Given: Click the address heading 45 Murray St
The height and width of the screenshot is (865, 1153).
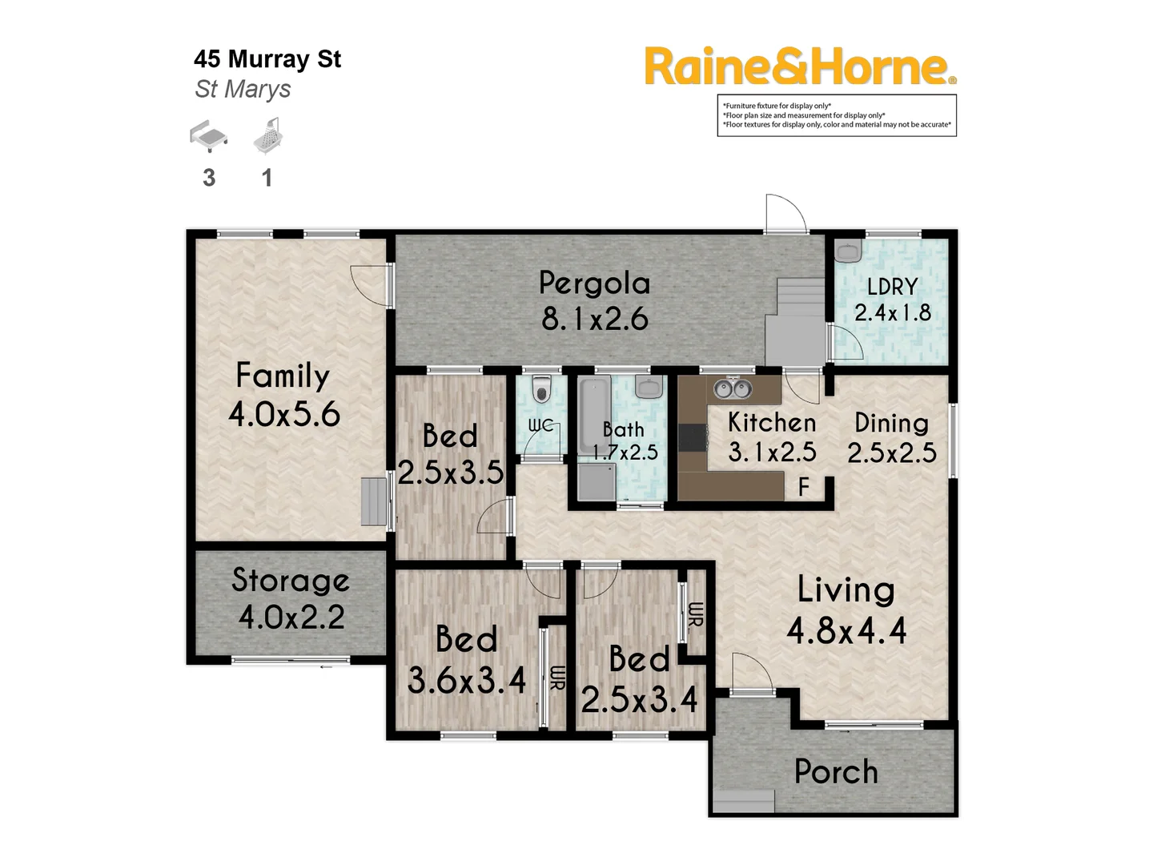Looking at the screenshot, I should (x=267, y=59).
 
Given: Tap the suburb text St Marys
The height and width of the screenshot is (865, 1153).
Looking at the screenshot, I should (x=243, y=89).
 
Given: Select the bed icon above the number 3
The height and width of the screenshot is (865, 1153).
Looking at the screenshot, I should (x=208, y=136).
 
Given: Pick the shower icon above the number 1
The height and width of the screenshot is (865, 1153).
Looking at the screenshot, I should (x=269, y=135).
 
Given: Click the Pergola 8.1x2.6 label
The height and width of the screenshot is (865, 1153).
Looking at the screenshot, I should (x=594, y=301).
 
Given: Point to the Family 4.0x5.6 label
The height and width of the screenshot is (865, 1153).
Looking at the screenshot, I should (x=283, y=395).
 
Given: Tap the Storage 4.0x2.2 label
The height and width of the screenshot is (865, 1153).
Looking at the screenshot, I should (x=291, y=598).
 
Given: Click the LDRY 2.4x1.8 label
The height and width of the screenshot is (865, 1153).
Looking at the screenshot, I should (x=892, y=300).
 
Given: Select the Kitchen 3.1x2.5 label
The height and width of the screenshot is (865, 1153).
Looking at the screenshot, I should (x=772, y=437).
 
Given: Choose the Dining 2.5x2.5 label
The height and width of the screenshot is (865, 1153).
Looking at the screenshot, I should (x=891, y=438).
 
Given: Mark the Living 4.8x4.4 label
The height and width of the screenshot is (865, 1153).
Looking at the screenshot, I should (x=846, y=610).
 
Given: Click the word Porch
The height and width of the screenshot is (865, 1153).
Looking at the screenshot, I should (x=836, y=772).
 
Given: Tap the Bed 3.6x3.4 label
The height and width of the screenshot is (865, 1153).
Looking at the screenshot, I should (x=466, y=660).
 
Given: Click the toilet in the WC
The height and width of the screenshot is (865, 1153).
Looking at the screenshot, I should (x=541, y=392).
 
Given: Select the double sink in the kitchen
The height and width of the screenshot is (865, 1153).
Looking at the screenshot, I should (x=733, y=389).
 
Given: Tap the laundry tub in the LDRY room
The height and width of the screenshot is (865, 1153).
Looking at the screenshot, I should (x=846, y=251).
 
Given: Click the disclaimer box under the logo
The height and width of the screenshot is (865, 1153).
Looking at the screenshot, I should (x=837, y=115).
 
